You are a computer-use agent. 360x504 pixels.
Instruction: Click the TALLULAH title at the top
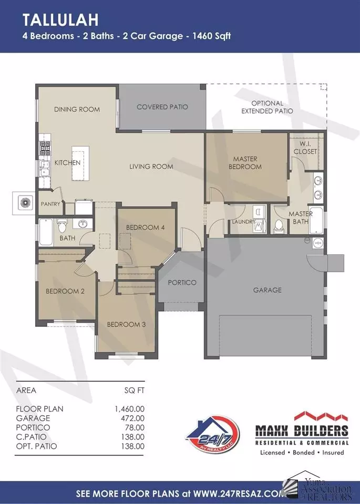[x=60, y=20]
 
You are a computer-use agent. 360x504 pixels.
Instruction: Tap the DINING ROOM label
[x=77, y=109]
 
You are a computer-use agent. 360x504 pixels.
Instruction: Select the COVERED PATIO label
[x=162, y=107]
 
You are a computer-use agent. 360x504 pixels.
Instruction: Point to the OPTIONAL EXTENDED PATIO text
[x=267, y=107]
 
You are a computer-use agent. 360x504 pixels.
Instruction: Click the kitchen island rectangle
[x=80, y=163]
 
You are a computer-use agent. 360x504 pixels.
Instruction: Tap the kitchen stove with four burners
[x=45, y=148]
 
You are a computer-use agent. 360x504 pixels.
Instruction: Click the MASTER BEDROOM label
[x=245, y=162]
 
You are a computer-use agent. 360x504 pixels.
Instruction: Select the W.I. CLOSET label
[x=305, y=148]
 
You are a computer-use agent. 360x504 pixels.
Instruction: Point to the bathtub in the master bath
[x=316, y=221]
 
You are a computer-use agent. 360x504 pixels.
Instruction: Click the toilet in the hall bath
[x=62, y=225]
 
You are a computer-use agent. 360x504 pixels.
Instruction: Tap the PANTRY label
[x=50, y=204]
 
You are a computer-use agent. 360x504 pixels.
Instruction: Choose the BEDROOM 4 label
[x=145, y=228]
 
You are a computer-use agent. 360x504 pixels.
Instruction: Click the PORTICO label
[x=182, y=283]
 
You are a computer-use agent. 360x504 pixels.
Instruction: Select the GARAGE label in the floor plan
[x=267, y=290]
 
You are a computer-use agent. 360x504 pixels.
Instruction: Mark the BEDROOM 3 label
[x=126, y=324]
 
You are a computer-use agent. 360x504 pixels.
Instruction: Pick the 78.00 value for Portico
[x=135, y=427]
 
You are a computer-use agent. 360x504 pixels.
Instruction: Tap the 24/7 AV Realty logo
[x=212, y=435]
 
